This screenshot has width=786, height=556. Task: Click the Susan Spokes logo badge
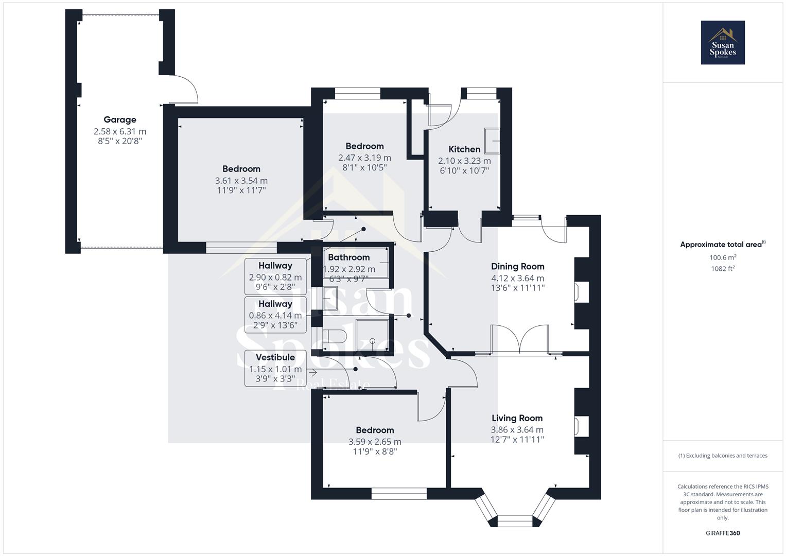pos(722,43)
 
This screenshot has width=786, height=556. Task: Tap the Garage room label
pos(120,120)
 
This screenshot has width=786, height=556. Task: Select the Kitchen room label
pos(464,149)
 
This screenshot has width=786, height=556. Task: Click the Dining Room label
pos(517,267)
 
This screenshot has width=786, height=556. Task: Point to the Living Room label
pos(517,418)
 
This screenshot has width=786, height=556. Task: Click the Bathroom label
pos(348,257)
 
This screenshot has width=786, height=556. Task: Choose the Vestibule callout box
pos(275,369)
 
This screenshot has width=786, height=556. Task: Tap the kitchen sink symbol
pos(492,141)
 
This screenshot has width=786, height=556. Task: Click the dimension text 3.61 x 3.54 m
pos(241,181)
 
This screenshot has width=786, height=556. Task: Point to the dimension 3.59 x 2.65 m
pos(375,442)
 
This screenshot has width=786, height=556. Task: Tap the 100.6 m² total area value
pos(723,257)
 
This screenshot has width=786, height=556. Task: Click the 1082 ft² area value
pos(723,268)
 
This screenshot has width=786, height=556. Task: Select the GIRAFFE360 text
pos(723,533)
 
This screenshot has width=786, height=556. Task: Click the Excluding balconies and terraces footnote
pos(723,456)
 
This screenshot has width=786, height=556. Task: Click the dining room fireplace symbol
pos(578,291)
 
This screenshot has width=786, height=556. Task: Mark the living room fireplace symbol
pos(578,427)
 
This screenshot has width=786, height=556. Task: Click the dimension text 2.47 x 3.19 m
pos(364,158)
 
